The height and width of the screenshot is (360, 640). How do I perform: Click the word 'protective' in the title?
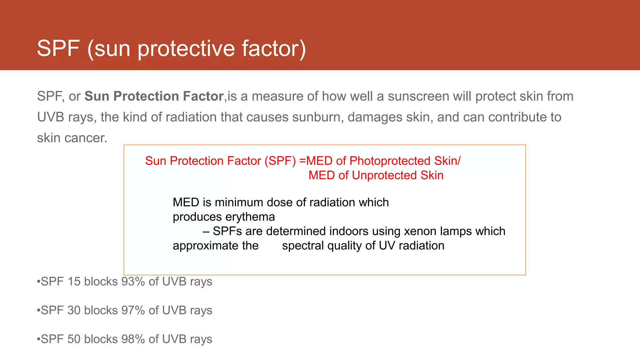pyautogui.click(x=186, y=48)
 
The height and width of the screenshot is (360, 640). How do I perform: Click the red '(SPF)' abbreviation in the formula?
pyautogui.click(x=280, y=161)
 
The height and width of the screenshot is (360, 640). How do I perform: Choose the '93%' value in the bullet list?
pyautogui.click(x=133, y=282)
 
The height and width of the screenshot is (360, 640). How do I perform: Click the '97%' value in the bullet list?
pyautogui.click(x=133, y=310)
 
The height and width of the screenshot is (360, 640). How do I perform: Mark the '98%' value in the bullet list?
pyautogui.click(x=133, y=339)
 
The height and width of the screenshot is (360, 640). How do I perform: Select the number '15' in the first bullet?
pyautogui.click(x=74, y=282)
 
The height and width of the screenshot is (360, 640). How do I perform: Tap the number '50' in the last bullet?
pyautogui.click(x=74, y=339)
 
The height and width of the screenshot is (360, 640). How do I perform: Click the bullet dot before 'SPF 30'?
pyautogui.click(x=38, y=310)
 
